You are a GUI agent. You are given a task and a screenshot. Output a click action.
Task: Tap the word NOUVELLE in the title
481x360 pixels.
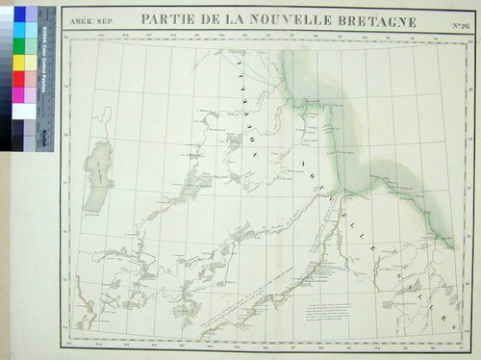click(279, 20)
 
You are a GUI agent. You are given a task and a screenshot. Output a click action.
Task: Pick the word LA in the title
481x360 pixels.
click(228, 20)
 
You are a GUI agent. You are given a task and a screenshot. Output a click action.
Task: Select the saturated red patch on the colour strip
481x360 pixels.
click(19, 79)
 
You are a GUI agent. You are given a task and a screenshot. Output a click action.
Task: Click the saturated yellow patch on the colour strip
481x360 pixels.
click(19, 63)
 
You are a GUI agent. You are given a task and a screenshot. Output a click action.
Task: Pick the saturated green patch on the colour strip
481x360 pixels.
click(19, 46)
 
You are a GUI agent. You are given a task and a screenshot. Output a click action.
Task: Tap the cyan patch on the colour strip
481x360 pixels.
click(19, 30)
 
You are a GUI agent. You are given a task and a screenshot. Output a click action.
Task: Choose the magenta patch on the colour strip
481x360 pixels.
click(19, 94)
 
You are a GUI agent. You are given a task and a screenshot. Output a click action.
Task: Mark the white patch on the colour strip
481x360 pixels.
click(19, 111)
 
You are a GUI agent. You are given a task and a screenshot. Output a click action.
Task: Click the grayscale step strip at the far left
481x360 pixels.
click(6, 77)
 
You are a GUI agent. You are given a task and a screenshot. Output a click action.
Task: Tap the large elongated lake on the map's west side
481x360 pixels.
click(96, 181)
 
